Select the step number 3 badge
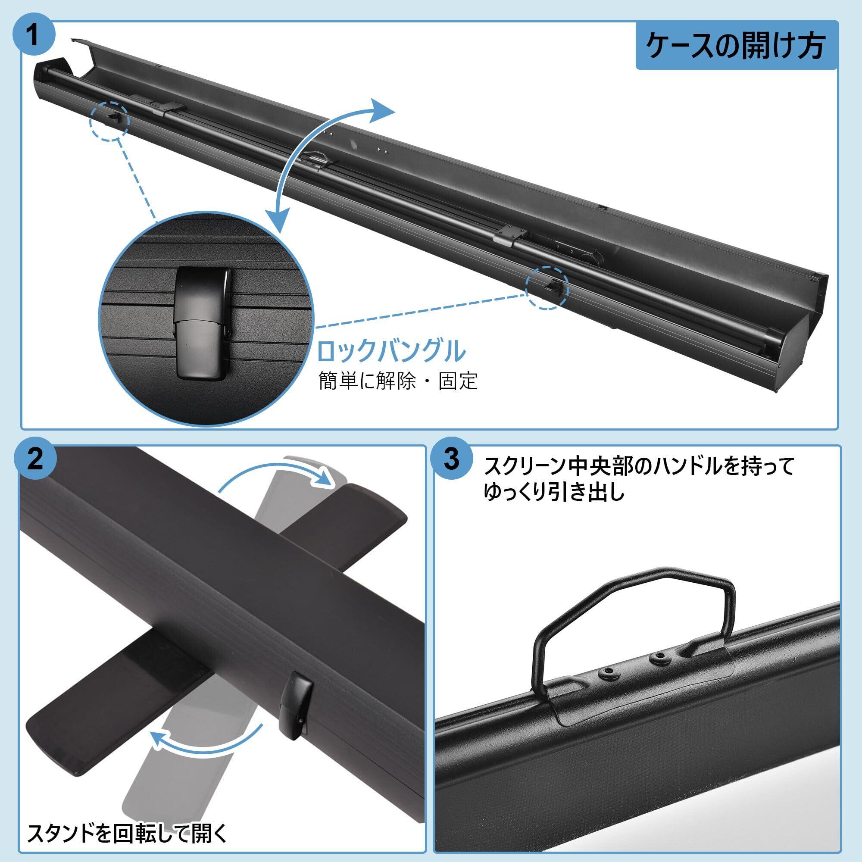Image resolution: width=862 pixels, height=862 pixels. [452, 460]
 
